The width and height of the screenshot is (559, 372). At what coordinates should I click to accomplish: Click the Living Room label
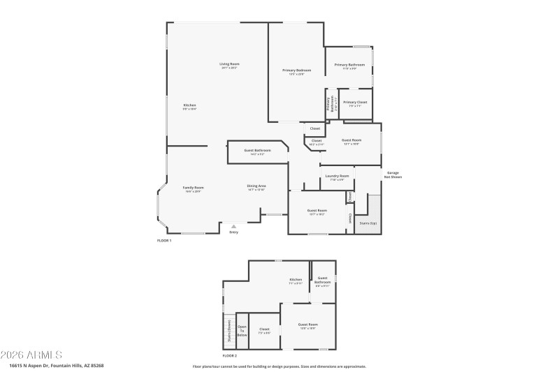pos(229,65)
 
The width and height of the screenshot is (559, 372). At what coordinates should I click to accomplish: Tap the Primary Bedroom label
pos(296,70)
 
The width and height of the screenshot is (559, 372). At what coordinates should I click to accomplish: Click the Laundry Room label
pos(337,176)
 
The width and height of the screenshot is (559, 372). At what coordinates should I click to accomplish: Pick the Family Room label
pos(194,188)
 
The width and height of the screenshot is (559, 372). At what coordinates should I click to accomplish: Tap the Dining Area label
pos(256,186)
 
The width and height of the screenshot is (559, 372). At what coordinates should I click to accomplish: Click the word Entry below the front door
pos(234,232)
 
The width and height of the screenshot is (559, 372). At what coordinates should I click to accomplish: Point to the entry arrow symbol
pos(234,225)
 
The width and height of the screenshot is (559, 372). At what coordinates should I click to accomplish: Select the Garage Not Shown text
pos(393,175)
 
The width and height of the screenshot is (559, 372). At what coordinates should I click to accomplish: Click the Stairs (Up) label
pos(368,223)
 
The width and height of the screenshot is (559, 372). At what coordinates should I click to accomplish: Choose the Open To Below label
pos(242,331)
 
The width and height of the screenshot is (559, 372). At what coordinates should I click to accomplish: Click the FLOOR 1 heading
pos(164,241)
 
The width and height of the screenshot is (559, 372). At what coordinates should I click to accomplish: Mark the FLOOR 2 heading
pos(221,355)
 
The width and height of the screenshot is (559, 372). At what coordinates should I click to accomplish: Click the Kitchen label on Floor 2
pos(296,280)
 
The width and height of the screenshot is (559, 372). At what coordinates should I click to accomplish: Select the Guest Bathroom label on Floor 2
pos(322,281)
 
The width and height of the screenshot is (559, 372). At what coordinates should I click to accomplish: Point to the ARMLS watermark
pos(31,355)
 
